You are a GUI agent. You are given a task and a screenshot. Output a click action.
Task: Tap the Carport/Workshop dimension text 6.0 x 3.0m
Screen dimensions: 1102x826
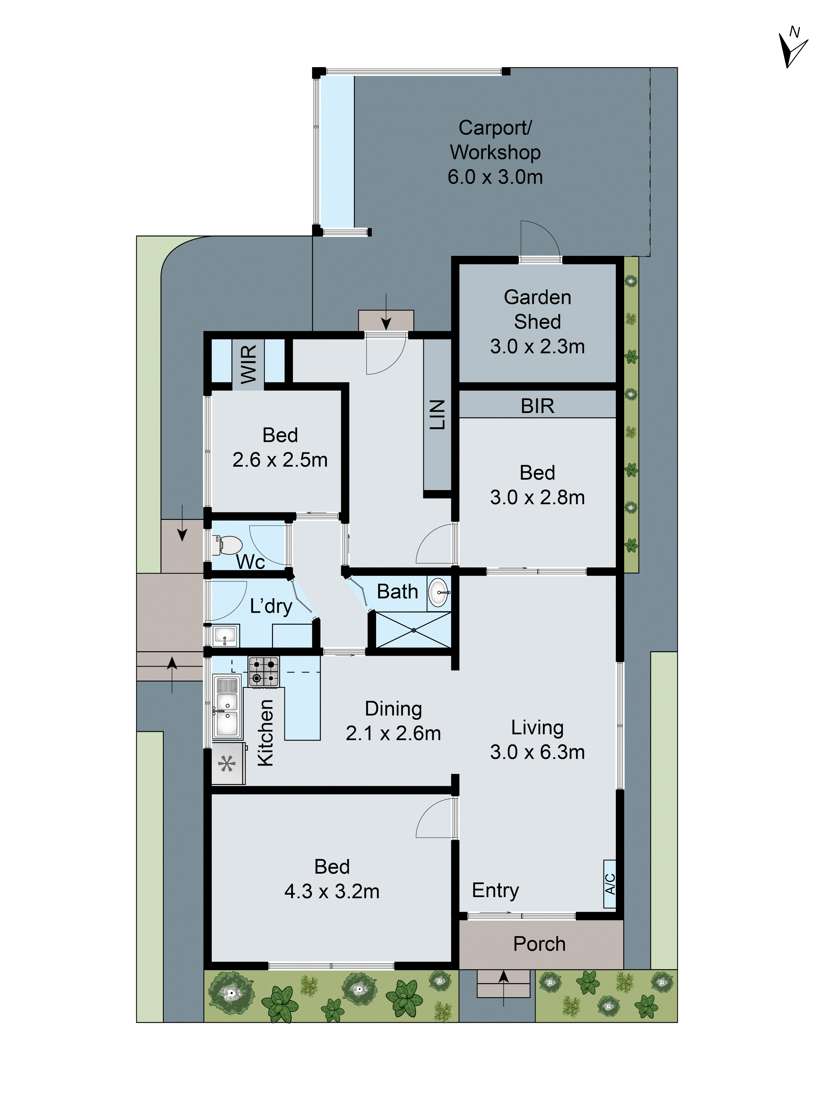(x=494, y=177)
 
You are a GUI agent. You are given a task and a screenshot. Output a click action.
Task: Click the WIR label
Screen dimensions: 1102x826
(x=248, y=364)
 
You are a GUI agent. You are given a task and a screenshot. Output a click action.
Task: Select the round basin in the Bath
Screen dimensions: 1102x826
(x=438, y=592)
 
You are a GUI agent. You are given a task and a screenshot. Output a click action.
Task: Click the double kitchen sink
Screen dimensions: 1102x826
(x=227, y=706)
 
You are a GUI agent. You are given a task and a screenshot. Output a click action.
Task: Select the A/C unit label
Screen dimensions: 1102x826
(x=609, y=884)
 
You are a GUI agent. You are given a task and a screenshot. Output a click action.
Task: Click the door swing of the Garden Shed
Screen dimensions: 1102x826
(x=540, y=239)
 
